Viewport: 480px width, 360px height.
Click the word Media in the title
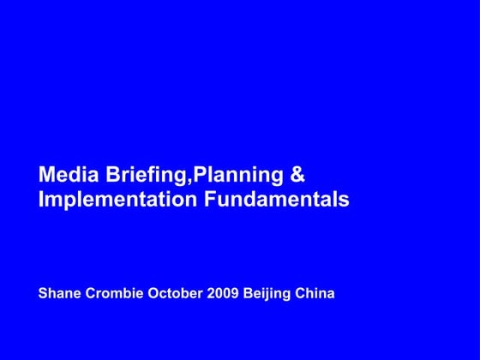pyautogui.click(x=69, y=175)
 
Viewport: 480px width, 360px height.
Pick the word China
pyautogui.click(x=315, y=294)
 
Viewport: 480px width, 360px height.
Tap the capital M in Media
pyautogui.click(x=46, y=175)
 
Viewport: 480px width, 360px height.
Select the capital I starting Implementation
pyautogui.click(x=41, y=200)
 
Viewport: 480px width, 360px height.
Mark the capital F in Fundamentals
pyautogui.click(x=209, y=200)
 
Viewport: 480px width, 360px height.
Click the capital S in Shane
pyautogui.click(x=43, y=294)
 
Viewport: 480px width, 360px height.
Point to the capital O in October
pyautogui.click(x=154, y=294)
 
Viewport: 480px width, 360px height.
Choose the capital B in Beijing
pyautogui.click(x=249, y=294)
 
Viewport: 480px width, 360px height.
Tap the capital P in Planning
pyautogui.click(x=199, y=175)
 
